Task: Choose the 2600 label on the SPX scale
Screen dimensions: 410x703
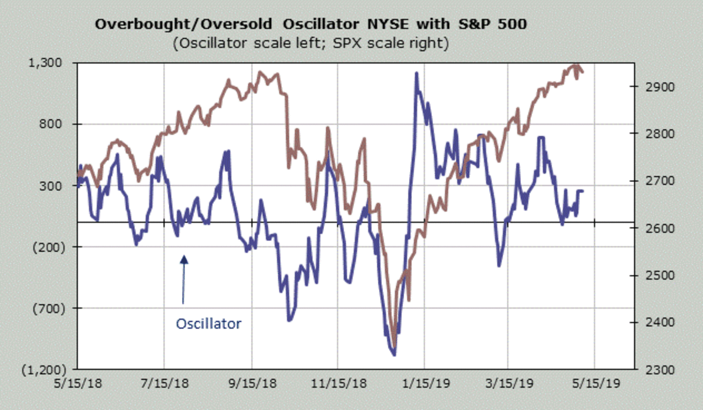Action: point(652,228)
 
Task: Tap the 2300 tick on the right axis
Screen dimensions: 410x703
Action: point(652,370)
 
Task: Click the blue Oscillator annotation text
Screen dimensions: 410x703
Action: point(209,323)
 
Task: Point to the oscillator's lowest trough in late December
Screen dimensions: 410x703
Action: point(394,354)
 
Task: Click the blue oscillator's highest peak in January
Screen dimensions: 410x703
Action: point(416,73)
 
